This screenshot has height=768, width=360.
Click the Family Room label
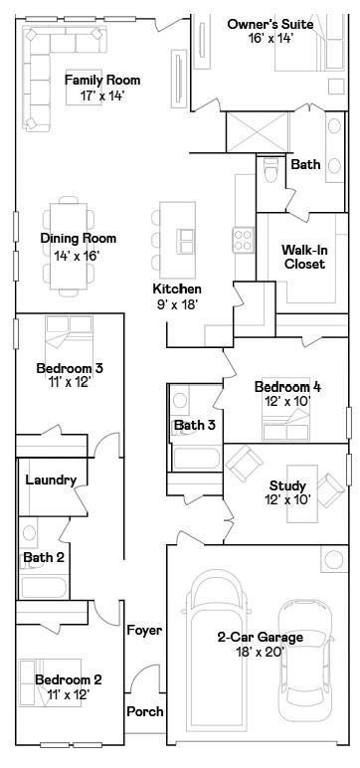click(102, 80)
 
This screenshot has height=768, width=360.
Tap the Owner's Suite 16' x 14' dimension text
click(270, 38)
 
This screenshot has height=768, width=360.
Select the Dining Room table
click(69, 246)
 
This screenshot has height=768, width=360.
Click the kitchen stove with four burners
click(244, 240)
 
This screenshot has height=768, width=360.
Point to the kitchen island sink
click(186, 241)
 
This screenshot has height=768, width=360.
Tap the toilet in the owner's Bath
click(270, 169)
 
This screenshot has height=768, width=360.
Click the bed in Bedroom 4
click(285, 423)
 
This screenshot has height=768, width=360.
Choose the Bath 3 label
click(195, 425)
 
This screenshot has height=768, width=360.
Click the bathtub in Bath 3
click(196, 459)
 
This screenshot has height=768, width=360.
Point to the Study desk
click(302, 493)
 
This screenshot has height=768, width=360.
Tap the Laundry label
click(51, 480)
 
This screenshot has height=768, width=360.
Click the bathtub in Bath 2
click(44, 587)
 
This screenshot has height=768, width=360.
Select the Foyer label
click(144, 631)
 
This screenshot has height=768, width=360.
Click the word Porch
click(145, 711)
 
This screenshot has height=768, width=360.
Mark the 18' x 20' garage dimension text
click(261, 652)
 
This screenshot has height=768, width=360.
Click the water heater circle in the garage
click(334, 559)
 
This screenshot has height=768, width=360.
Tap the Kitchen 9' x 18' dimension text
click(177, 304)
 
